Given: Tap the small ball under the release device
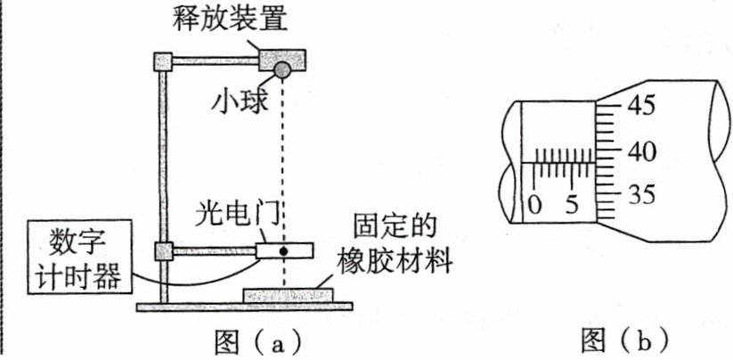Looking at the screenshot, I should tap(281, 70).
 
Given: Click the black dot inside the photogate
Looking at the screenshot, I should tap(283, 251).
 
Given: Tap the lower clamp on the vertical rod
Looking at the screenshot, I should tap(163, 251).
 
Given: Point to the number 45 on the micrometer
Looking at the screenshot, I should tap(639, 107).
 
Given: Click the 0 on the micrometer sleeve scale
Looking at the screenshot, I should tap(534, 204).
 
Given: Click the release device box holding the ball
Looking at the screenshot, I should tap(281, 59).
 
